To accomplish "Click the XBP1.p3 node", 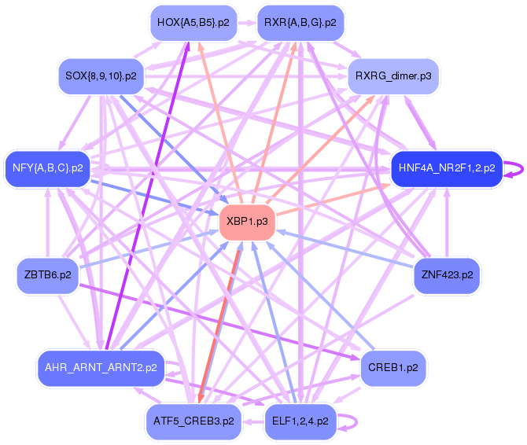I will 247,222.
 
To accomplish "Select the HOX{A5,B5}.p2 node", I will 193,22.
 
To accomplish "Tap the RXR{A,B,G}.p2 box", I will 300,22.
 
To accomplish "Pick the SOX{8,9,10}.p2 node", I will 98,76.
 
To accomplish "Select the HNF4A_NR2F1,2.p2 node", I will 446,167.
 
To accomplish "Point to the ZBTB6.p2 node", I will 47,275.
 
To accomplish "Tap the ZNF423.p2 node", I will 447,275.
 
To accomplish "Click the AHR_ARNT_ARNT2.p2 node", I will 101,367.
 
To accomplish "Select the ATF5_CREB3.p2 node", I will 193,421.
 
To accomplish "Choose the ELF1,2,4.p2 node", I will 300,421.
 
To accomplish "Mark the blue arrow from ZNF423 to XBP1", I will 346,249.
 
